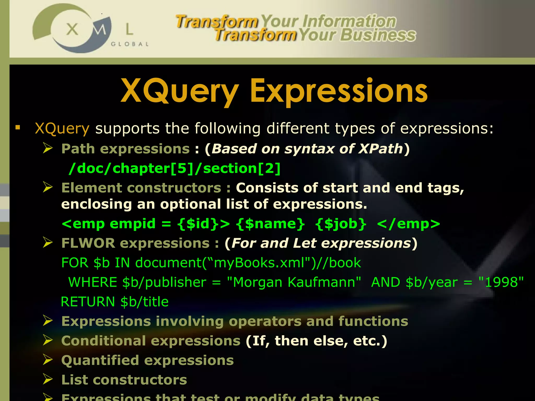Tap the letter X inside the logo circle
coord(72,29)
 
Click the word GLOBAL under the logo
coord(130,44)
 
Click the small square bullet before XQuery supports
coord(18,128)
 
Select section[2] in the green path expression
coord(242,168)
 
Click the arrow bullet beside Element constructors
coord(48,187)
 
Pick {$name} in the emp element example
coord(270,224)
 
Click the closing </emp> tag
coord(409,224)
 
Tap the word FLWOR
coord(88,243)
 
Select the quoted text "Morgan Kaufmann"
coord(294,282)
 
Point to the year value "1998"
coord(501,282)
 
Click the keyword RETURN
coord(88,302)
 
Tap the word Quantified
coord(100,361)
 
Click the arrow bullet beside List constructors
coord(48,379)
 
